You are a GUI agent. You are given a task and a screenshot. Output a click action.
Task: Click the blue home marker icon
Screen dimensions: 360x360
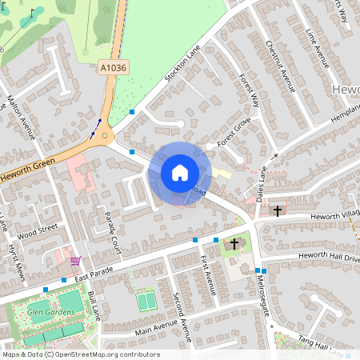[x=179, y=173]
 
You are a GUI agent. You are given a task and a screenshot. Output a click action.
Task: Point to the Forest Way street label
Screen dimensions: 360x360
[x=250, y=90]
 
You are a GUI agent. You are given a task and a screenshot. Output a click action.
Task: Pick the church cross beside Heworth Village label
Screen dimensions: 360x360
[x=278, y=210]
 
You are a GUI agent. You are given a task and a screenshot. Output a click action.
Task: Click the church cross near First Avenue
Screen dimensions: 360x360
[x=234, y=242]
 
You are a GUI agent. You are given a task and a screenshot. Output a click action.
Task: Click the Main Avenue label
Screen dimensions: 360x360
[x=133, y=329]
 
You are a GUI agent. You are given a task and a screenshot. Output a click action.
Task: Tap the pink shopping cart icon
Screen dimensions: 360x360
[x=74, y=260]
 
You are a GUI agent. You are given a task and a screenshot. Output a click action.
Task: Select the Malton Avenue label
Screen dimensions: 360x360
[x=22, y=117]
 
